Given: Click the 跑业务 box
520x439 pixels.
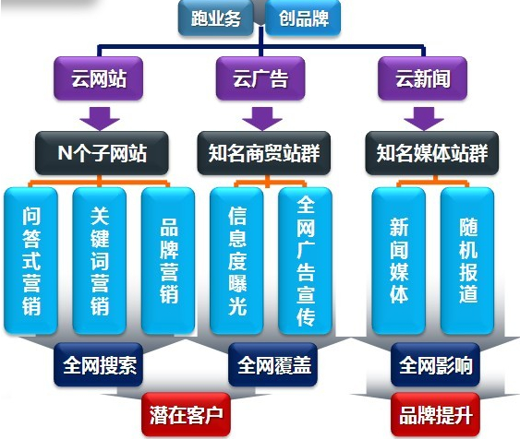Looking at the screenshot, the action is [216, 18].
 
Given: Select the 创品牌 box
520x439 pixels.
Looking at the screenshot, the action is [303, 18].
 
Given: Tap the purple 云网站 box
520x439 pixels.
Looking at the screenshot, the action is [99, 78].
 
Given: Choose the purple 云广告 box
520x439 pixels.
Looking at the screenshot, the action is [260, 78].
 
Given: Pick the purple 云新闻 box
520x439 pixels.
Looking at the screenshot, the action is [422, 78].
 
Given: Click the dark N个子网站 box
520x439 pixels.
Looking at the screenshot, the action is [102, 153].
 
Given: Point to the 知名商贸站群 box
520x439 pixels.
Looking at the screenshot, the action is [264, 153].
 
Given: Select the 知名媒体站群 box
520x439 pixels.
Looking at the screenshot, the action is [431, 153].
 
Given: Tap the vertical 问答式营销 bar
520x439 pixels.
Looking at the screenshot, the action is [30, 261].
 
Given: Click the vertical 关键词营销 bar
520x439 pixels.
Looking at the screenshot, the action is [100, 261].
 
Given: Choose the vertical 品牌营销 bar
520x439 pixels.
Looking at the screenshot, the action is [168, 261].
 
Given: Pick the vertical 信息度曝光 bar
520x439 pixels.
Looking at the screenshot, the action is [236, 261].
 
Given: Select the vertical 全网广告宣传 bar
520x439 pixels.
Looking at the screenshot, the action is [305, 261].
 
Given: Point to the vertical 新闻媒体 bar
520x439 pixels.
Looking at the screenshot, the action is [399, 261].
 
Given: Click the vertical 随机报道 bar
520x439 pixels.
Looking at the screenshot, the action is [467, 261].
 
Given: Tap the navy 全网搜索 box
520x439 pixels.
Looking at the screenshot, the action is [99, 365].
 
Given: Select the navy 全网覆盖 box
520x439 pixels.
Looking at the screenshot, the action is [273, 365].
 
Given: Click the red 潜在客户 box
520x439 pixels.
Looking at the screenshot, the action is [186, 414].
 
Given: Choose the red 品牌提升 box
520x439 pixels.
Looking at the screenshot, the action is [435, 414].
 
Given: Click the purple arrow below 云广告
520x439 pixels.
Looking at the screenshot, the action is [262, 118].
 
